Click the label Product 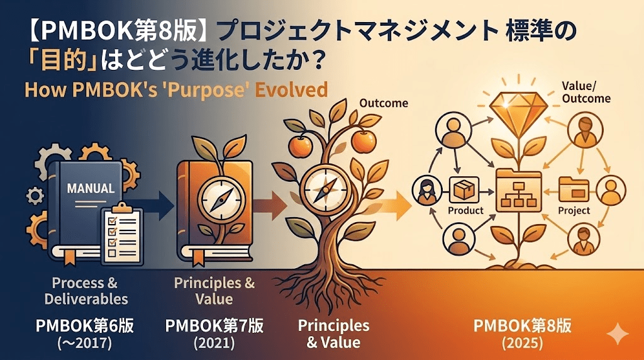[466, 210]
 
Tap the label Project [574, 210]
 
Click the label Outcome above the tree [383, 103]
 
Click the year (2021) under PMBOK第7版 [214, 343]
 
